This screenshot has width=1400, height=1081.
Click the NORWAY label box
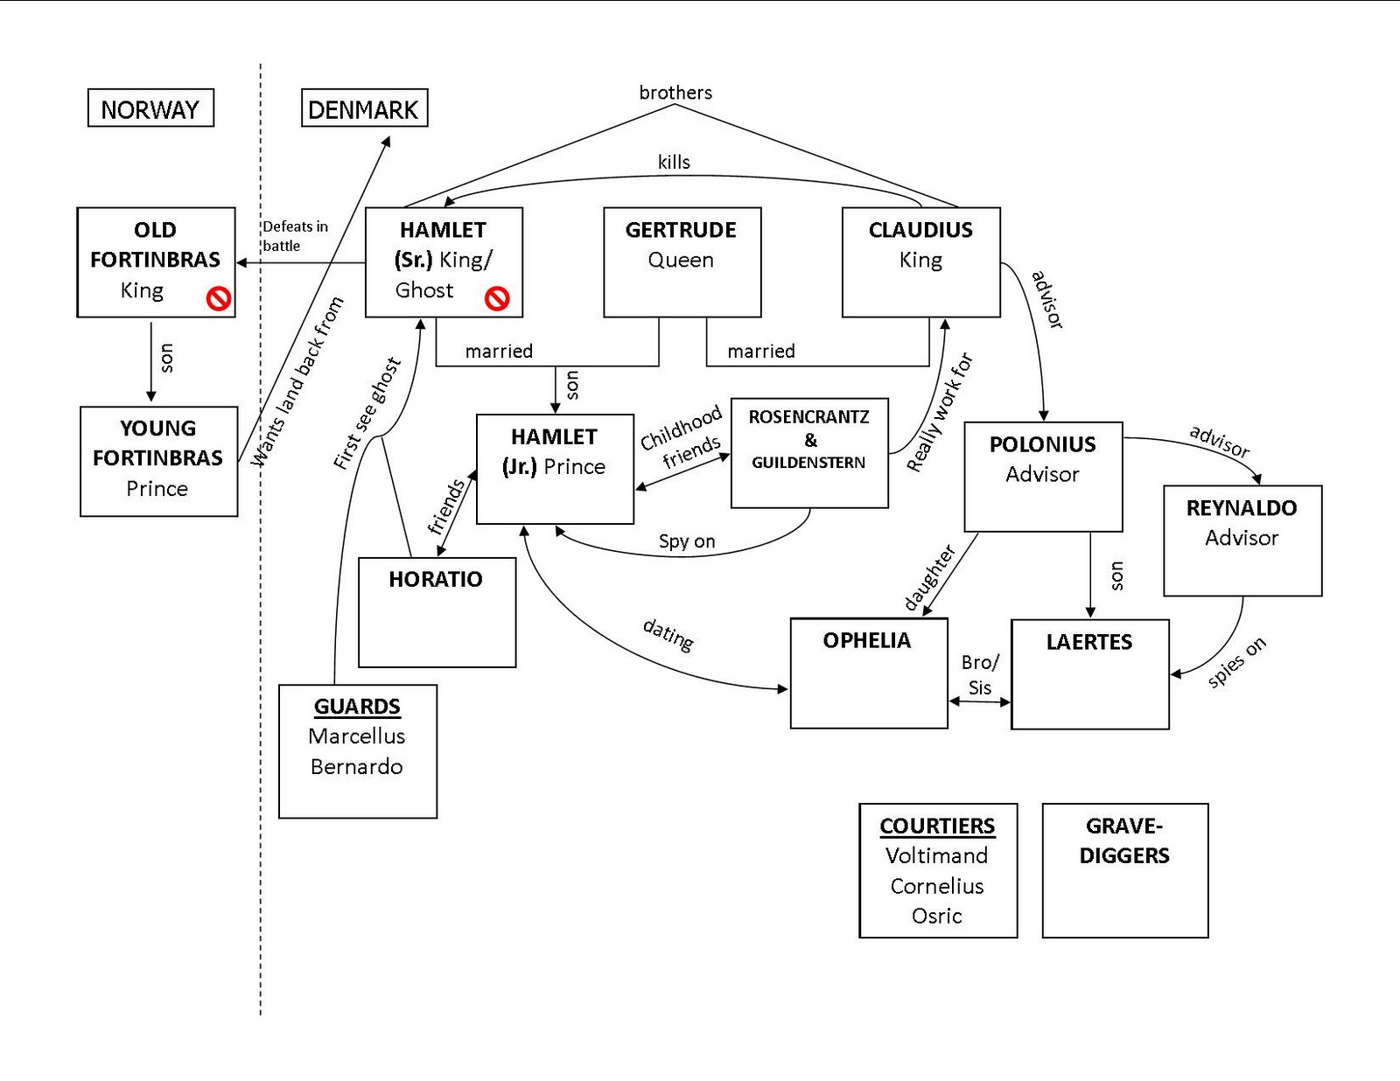pyautogui.click(x=150, y=108)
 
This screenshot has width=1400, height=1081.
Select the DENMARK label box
pyautogui.click(x=365, y=108)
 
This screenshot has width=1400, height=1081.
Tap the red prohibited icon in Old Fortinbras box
pyautogui.click(x=219, y=299)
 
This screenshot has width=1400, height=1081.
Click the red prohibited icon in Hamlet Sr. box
pyautogui.click(x=497, y=299)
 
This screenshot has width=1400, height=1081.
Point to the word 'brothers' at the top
pyautogui.click(x=675, y=93)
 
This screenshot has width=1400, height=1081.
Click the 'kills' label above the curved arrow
pyautogui.click(x=674, y=162)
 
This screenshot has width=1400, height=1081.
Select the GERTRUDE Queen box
pyautogui.click(x=682, y=262)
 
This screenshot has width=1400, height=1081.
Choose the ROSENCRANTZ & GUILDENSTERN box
pyautogui.click(x=810, y=453)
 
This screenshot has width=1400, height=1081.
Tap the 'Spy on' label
pyautogui.click(x=687, y=541)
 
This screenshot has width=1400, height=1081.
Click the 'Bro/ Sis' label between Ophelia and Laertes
pyautogui.click(x=980, y=674)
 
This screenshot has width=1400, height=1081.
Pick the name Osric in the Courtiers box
pyautogui.click(x=937, y=916)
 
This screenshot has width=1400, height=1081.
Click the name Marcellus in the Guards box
pyautogui.click(x=357, y=736)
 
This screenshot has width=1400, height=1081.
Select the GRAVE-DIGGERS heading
pyautogui.click(x=1125, y=840)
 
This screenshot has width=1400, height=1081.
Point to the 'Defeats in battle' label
pyautogui.click(x=295, y=235)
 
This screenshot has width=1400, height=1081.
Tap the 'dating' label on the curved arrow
pyautogui.click(x=668, y=636)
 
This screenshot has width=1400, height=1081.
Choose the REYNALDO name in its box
pyautogui.click(x=1242, y=508)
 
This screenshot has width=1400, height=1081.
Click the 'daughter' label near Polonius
pyautogui.click(x=929, y=577)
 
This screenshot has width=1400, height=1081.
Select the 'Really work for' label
pyautogui.click(x=940, y=413)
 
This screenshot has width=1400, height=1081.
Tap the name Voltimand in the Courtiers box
pyautogui.click(x=937, y=855)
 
